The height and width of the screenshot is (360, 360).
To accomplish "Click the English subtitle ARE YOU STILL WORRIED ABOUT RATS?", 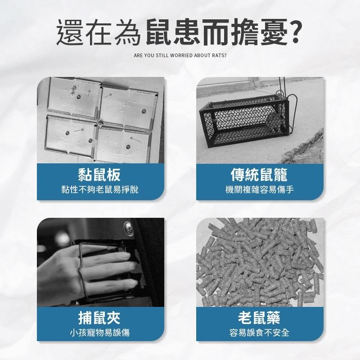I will (x=180, y=57).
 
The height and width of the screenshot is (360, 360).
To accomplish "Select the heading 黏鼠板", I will (x=100, y=175).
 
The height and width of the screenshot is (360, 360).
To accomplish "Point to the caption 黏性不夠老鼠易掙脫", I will (x=100, y=190).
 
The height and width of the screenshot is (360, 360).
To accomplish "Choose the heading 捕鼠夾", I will (x=100, y=319).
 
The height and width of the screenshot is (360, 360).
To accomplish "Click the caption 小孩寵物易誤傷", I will (x=100, y=333).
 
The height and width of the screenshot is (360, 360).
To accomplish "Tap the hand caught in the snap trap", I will (x=90, y=265).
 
